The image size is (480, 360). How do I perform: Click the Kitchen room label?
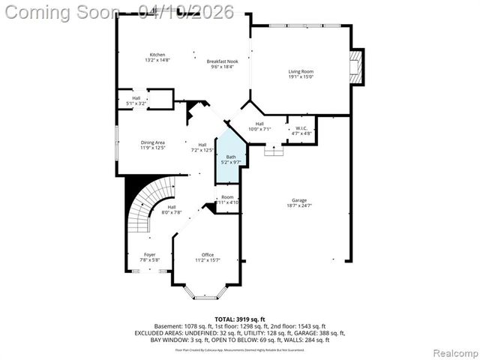[x=157, y=55]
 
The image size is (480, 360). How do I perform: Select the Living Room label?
[x=301, y=70]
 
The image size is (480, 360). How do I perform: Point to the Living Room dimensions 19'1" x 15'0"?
[x=301, y=76]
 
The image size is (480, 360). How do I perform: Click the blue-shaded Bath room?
[x=229, y=159]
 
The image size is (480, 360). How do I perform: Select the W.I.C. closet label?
[x=301, y=128]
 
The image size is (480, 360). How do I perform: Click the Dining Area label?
[x=152, y=142]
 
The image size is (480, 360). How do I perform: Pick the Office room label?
[x=208, y=255]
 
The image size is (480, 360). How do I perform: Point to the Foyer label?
[x=150, y=255]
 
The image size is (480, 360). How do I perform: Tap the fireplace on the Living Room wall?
[x=358, y=67]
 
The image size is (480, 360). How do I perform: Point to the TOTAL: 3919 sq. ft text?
[x=239, y=319]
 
